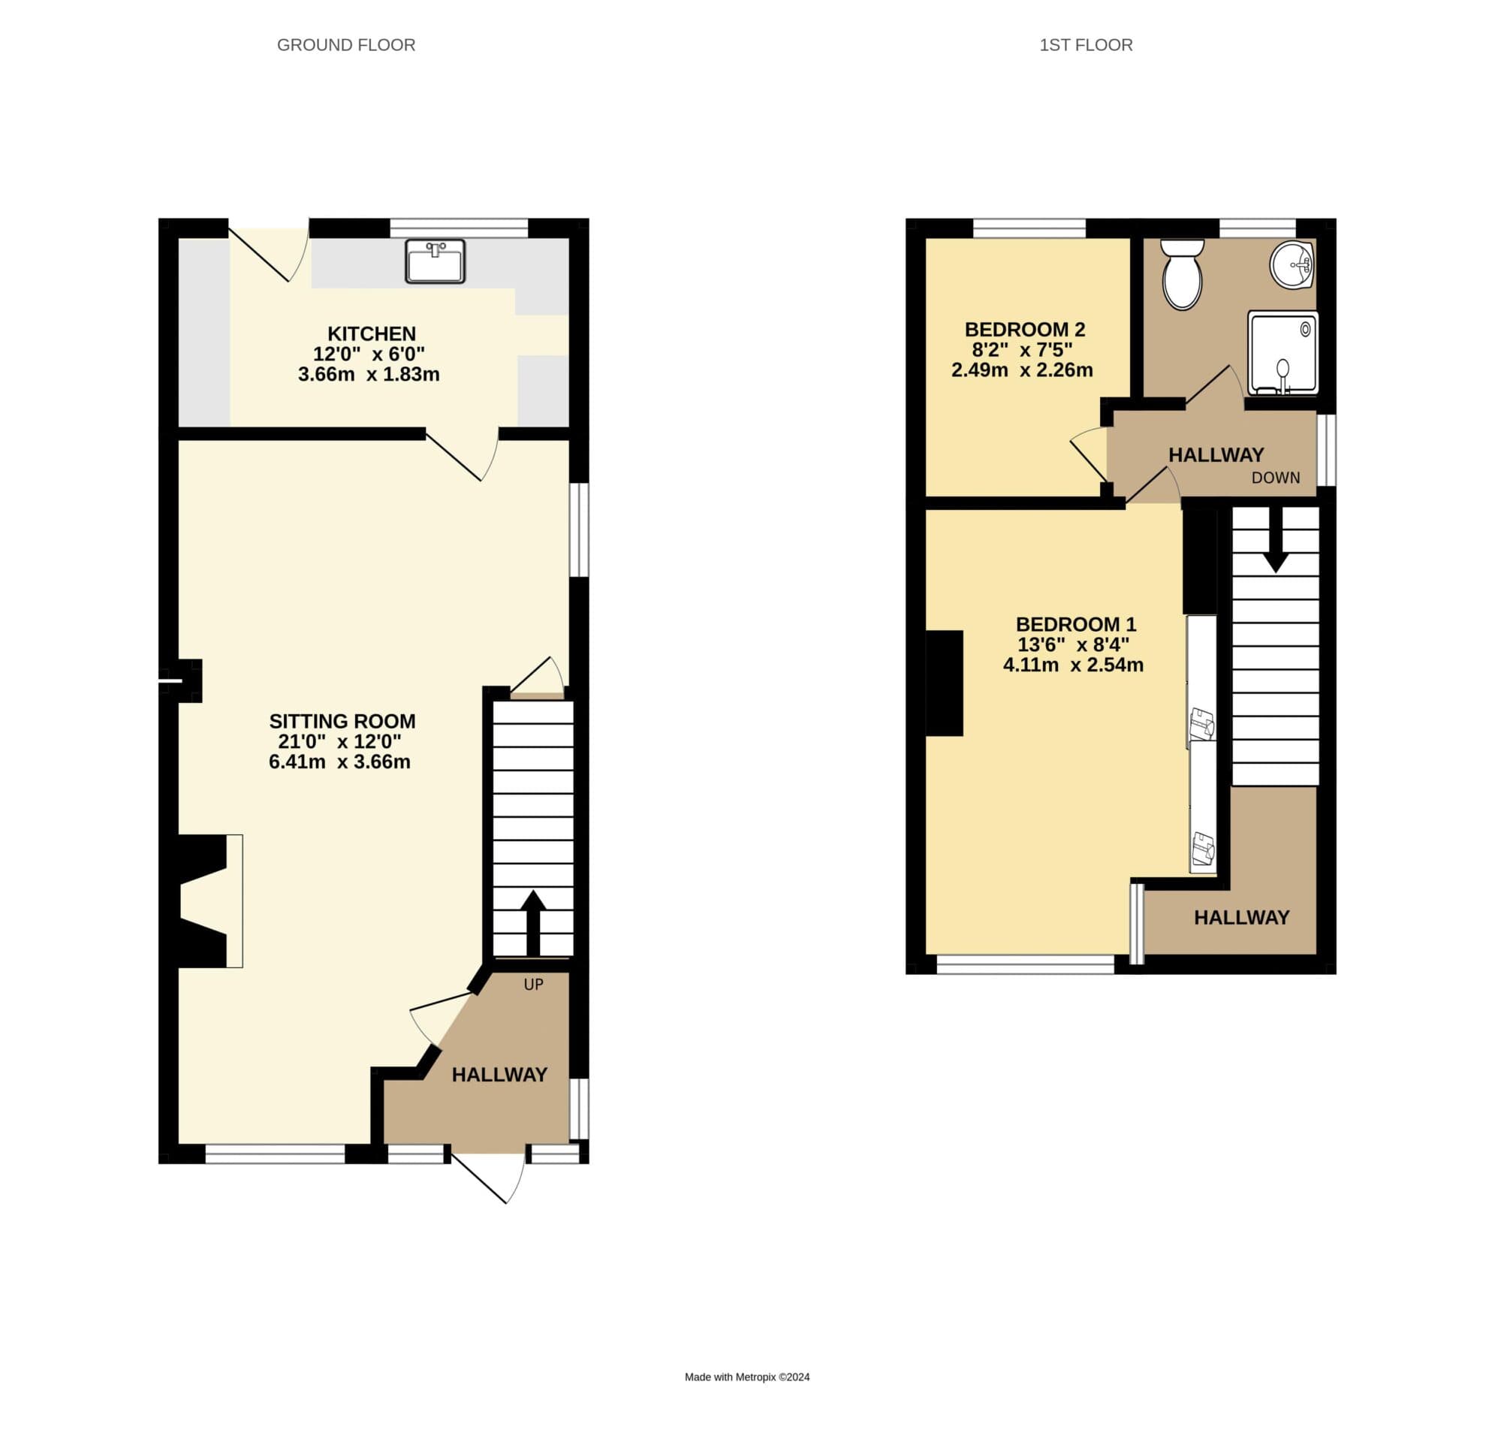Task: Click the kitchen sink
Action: [435, 261]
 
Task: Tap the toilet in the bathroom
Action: [1183, 275]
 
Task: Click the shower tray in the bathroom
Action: [1283, 352]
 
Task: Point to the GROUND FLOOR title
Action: [346, 45]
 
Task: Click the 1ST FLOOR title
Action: [1086, 45]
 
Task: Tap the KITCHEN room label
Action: [372, 333]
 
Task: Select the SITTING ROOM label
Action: [342, 721]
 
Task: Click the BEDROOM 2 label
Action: [1024, 330]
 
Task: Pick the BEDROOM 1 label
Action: [1075, 624]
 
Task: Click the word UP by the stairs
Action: [533, 985]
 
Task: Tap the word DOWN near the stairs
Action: [1275, 478]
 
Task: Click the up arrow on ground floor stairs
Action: [533, 919]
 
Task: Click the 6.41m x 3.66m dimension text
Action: [339, 762]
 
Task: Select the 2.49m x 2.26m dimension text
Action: [1021, 370]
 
